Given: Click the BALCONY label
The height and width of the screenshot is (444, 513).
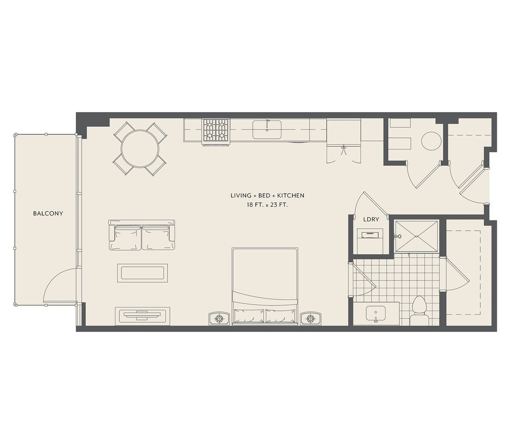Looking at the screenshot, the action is point(48,214).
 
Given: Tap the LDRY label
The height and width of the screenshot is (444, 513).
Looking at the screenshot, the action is point(371,219).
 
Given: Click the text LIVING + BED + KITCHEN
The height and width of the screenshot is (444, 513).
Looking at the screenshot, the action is point(267,195).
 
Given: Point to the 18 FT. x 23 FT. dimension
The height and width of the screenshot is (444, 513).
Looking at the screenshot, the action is point(267,205).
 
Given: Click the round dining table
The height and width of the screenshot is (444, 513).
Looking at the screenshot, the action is point(140,149).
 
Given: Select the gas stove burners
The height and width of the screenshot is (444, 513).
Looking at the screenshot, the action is point(216,132).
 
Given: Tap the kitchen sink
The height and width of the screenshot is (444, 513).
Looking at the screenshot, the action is point(267,129).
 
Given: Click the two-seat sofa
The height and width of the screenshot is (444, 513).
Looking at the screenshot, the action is point(142,235).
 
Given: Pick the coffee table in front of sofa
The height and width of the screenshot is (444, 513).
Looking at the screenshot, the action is point(143,273).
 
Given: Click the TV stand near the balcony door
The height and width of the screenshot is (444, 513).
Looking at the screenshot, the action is point(142,316).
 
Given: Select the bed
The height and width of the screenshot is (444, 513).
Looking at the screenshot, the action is point(265,286).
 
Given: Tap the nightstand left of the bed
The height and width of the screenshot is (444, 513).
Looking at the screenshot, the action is point(219,318).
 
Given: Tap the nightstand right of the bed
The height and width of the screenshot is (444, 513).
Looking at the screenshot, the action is point(311,318).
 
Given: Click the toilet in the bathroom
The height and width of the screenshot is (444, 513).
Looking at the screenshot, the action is point(419,311).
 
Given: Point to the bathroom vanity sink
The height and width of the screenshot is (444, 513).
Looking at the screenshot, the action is point(376,314).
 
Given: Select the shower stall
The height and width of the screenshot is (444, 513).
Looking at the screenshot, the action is point(417,237).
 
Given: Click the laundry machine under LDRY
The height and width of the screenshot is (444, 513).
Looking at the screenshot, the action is point(370,241).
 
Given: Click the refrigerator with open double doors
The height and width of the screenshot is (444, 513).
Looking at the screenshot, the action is point(344,140).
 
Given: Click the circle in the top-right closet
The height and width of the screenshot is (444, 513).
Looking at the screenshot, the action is point(431,141).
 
